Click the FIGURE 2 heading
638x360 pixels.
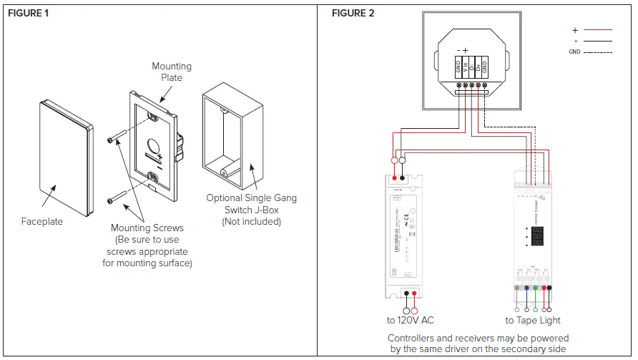(353, 14)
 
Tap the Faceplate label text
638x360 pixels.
(42, 222)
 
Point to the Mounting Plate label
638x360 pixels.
(171, 72)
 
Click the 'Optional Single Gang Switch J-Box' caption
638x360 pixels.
(251, 210)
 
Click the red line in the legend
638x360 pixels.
(597, 31)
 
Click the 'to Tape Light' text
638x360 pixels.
(533, 321)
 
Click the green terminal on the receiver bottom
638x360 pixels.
(535, 288)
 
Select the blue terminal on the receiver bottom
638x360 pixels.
(526, 288)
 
